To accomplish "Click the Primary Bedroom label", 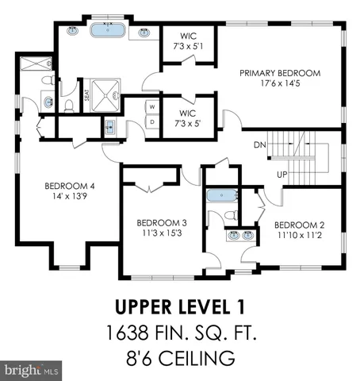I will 281,73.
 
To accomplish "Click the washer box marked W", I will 151,106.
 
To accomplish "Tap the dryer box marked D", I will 151,121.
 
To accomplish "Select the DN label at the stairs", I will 259,145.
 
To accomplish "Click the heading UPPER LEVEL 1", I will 179,306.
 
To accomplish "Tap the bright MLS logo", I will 31,370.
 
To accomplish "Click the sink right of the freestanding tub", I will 144,33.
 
